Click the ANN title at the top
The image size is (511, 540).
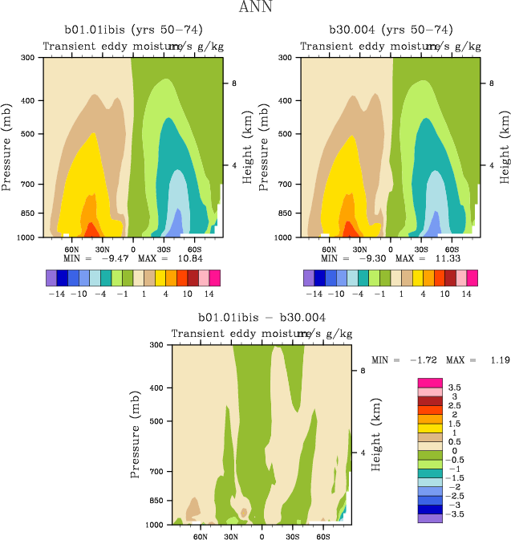point(256,8)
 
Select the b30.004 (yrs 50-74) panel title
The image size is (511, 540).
point(391,30)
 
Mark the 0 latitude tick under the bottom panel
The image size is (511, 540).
point(262,534)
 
